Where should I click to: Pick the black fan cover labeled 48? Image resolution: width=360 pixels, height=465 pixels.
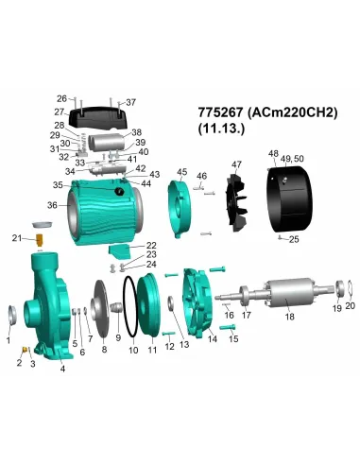[x=289, y=196]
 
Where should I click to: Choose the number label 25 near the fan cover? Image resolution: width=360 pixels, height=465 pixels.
[x=294, y=240]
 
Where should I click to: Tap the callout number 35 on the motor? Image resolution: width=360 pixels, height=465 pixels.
[x=58, y=185]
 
